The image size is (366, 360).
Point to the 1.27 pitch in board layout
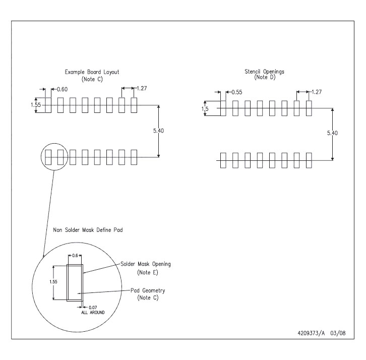[x=141, y=89]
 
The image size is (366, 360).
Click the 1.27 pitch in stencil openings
[x=317, y=92]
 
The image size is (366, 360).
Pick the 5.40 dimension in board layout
[x=159, y=131]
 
